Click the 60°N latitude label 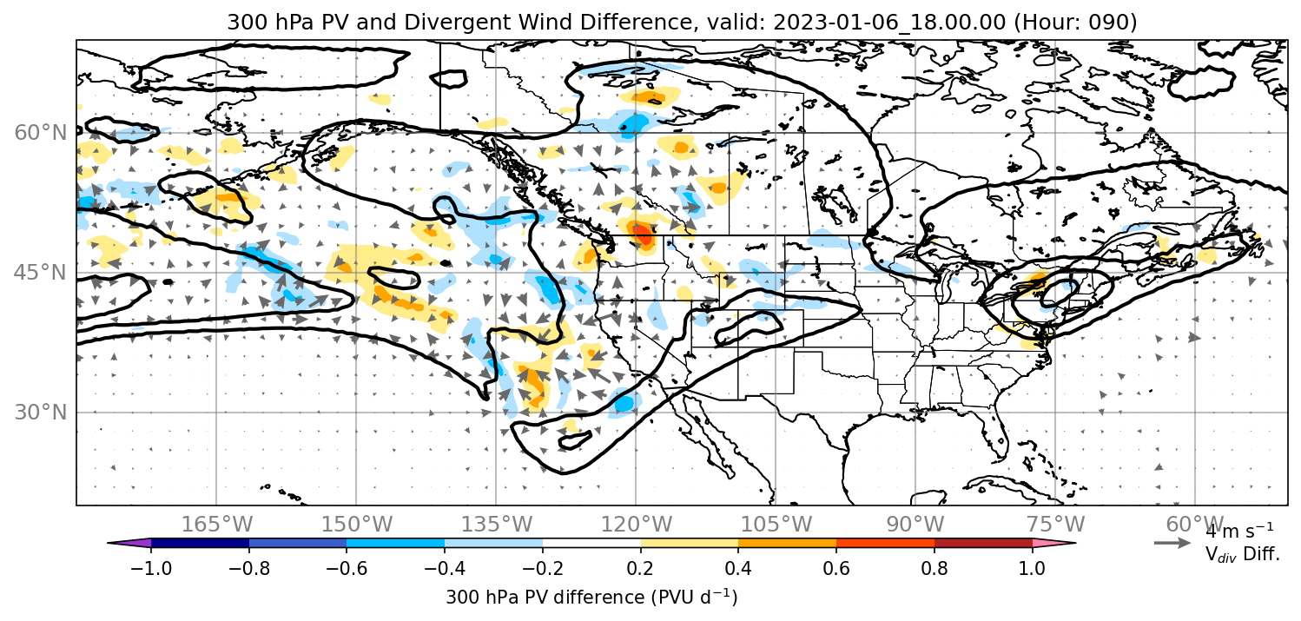click(40, 133)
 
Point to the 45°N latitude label click(40, 272)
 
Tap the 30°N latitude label click(40, 413)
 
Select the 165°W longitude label click(216, 524)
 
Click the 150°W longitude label click(357, 524)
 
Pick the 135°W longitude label click(497, 524)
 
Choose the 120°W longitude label click(636, 524)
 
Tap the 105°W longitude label click(776, 524)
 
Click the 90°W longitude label click(915, 524)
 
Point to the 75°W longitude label click(1055, 524)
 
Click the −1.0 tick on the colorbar click(151, 568)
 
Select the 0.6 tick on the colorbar click(836, 568)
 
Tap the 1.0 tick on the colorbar click(1032, 568)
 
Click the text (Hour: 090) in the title click(1076, 22)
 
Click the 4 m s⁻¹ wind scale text click(1239, 531)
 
